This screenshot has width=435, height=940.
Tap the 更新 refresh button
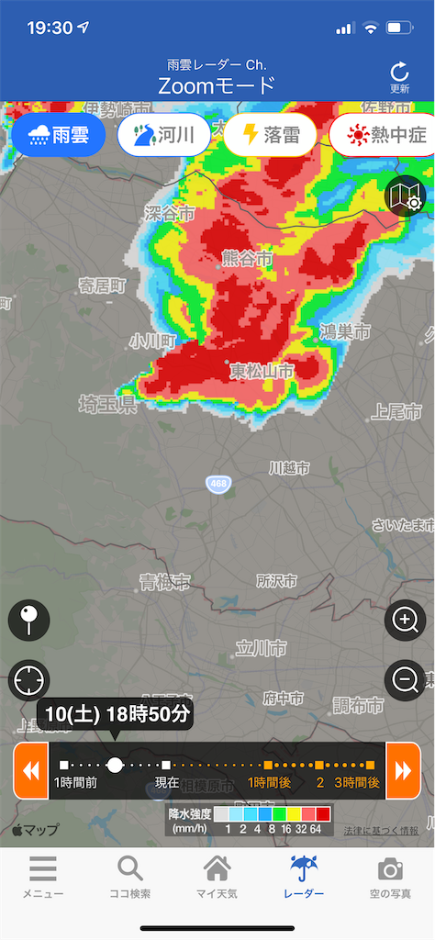coord(399,77)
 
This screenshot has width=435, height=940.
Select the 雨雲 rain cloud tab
coord(59,136)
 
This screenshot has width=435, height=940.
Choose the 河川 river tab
coord(164,136)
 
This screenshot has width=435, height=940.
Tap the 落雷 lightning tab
coord(271,136)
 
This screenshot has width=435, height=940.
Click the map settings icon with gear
coord(405,196)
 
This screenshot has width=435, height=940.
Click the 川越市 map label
coord(289,468)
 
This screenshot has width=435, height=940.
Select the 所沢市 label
coord(276,581)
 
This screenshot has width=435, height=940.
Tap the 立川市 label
coord(262,648)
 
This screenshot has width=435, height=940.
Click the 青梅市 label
coord(165,581)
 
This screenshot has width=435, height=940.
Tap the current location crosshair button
coord(28,681)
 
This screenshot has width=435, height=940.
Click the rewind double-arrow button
coord(30,770)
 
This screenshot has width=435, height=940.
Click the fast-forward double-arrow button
coord(404,770)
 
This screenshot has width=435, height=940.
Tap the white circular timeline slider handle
coord(115,764)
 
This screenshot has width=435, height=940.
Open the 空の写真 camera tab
coord(391,878)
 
